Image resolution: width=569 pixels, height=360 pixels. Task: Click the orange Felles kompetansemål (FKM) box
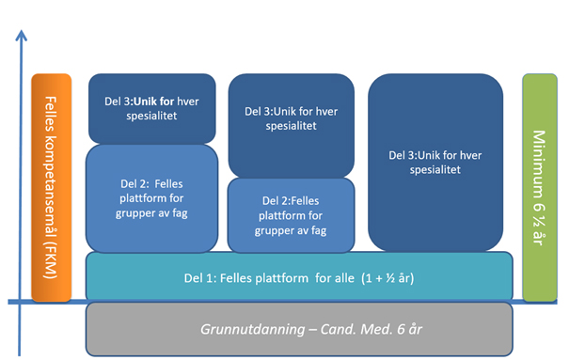51,187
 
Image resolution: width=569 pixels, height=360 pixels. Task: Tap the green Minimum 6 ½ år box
541,187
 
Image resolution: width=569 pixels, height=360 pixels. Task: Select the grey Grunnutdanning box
299,330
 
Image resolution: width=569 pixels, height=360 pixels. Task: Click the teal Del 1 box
299,276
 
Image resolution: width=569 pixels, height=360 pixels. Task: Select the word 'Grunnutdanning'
247,330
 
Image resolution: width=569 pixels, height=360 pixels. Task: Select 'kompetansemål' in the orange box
51,188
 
